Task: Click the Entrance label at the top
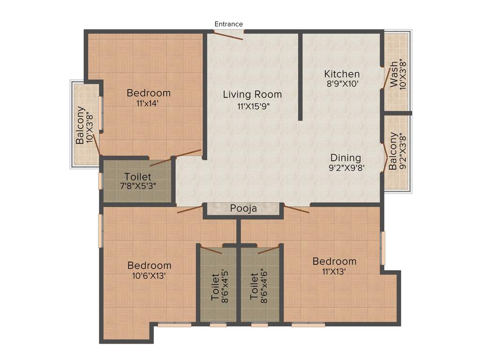[229, 24]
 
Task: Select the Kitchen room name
[342, 74]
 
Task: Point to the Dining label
[345, 157]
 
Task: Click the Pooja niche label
[243, 209]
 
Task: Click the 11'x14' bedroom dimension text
[149, 104]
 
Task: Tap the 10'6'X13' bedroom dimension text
[149, 276]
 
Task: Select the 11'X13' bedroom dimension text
[334, 271]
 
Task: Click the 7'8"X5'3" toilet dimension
[138, 185]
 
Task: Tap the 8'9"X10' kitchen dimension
[342, 84]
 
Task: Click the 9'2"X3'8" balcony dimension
[402, 151]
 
